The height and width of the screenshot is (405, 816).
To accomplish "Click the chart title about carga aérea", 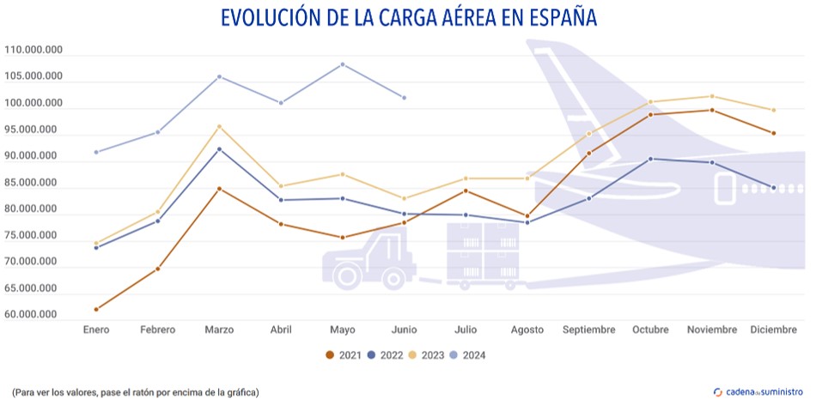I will (408, 19).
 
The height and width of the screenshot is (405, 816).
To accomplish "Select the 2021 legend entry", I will (343, 354).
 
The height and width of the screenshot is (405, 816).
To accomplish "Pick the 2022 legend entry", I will (384, 354).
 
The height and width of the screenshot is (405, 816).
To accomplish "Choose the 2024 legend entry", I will (467, 354).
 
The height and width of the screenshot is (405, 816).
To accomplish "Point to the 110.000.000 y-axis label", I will (33, 51).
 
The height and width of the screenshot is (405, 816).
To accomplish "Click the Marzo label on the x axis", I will (220, 330).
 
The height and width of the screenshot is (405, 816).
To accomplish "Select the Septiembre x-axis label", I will (588, 330).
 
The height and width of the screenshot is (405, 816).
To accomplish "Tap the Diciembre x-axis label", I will (773, 330).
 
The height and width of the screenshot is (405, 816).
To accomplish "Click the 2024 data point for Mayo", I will (343, 64).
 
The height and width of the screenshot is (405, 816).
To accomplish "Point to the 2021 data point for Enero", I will (96, 309).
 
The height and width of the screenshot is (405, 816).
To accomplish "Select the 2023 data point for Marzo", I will (220, 127).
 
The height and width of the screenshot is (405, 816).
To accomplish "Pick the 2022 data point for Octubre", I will (650, 159).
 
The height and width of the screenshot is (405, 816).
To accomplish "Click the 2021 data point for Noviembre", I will (711, 110).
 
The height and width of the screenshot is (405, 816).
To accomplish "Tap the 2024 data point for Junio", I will (405, 98).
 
